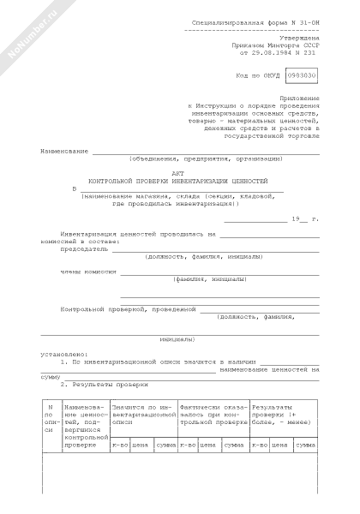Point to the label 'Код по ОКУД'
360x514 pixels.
tap(256, 76)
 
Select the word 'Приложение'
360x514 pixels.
tap(300, 99)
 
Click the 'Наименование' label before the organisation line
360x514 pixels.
tap(64, 151)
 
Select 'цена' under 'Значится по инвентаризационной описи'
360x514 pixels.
tap(141, 445)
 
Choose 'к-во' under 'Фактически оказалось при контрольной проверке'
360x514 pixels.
tap(187, 445)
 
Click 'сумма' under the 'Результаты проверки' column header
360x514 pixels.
tap(305, 445)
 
